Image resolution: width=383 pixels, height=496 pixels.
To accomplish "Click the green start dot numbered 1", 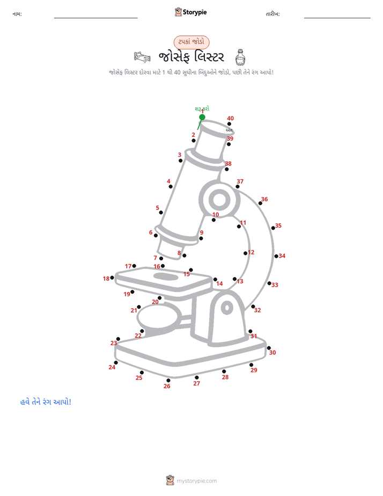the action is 202,117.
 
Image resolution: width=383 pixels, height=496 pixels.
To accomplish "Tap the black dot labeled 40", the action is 229,124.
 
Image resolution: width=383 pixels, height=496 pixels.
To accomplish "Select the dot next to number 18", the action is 112,278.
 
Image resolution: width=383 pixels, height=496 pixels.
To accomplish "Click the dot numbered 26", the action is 168,381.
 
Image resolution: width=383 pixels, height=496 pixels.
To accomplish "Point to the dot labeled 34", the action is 276,256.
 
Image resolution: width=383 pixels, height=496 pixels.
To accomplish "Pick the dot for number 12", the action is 245,253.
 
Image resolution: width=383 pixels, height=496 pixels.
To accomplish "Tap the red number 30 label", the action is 272,352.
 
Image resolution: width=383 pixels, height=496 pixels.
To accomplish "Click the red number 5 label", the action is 157,208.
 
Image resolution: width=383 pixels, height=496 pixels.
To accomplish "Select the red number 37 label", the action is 240,181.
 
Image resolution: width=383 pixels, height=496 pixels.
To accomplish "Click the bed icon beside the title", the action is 142,57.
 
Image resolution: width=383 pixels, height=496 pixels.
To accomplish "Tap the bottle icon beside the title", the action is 240,57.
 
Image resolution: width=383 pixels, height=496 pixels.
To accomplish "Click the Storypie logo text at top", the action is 195,12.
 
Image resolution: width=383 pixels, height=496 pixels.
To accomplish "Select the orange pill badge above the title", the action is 191,42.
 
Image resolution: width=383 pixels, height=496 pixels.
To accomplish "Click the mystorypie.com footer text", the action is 196,481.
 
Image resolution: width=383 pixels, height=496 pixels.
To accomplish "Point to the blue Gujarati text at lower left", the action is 46,402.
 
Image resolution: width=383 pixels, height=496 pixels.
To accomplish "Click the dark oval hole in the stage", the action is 166,276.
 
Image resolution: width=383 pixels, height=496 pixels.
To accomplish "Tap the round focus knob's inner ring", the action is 219,200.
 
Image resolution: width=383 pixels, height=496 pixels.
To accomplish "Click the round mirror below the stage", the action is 159,316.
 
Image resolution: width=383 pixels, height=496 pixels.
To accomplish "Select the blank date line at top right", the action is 337,18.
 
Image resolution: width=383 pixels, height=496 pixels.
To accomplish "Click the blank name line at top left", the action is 95,18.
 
